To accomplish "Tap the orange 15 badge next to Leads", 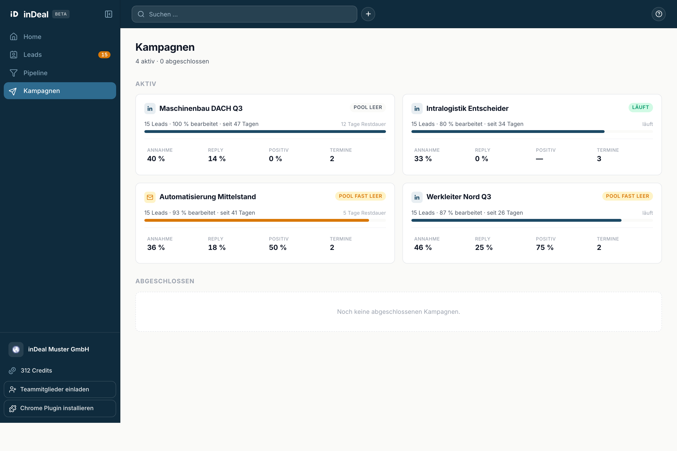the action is click(x=104, y=55).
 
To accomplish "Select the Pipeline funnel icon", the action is click(x=14, y=73).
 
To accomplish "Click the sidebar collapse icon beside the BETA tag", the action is click(x=109, y=14).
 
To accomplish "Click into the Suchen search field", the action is click(x=244, y=14).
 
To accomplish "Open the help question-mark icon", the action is click(x=659, y=14).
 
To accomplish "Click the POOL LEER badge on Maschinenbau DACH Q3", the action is click(x=368, y=107).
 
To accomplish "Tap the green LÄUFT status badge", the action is click(x=640, y=107).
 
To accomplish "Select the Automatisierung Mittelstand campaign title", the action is click(x=208, y=197).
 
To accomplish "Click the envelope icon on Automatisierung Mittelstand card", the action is click(x=150, y=197).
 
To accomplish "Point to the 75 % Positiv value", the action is click(x=545, y=247).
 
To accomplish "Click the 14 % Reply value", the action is click(x=217, y=159).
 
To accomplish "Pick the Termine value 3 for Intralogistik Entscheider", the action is click(x=599, y=159).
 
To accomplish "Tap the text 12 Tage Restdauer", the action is click(x=363, y=124).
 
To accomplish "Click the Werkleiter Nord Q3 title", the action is click(x=459, y=197).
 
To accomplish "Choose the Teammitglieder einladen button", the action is click(x=60, y=389).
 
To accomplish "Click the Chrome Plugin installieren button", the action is click(x=60, y=408).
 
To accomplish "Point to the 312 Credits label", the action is click(x=36, y=370).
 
